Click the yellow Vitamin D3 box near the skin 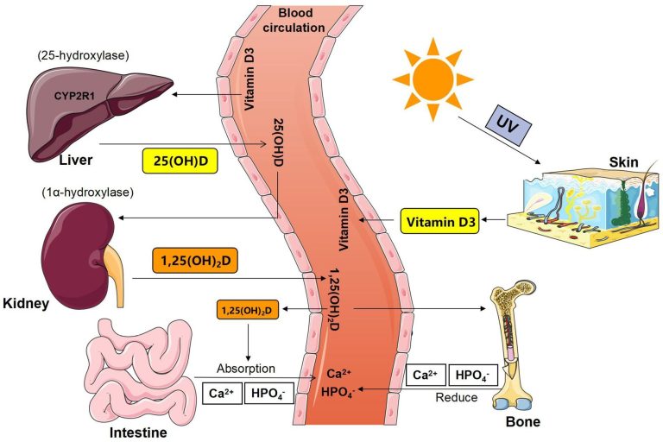coord(439,221)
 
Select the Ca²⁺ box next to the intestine coord(219,393)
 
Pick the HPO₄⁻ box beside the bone coord(472,376)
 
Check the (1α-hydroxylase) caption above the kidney coord(73,192)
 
